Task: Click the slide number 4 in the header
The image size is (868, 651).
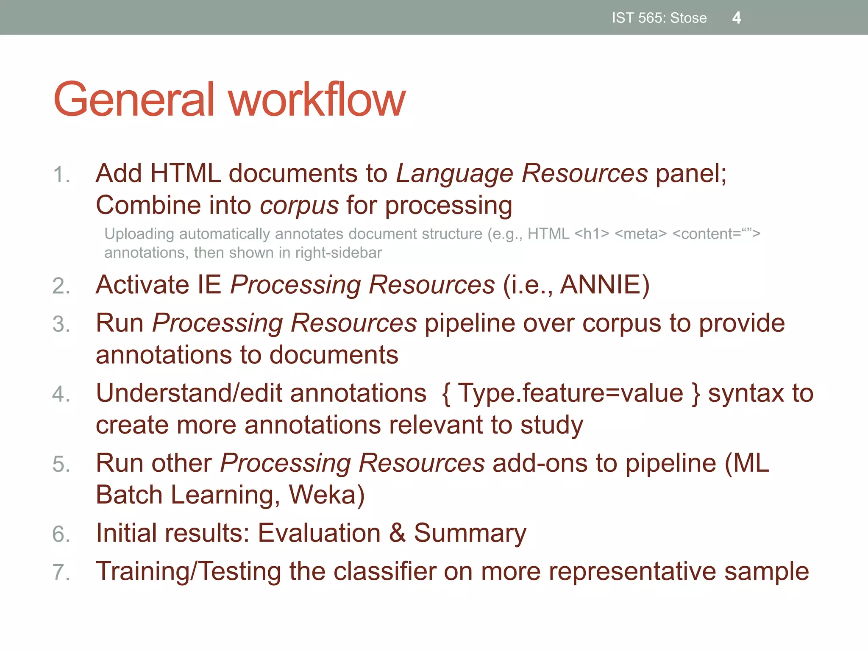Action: click(736, 18)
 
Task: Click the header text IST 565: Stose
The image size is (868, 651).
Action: click(659, 18)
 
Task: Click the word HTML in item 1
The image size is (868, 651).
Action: click(185, 173)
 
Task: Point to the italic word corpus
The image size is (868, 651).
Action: click(299, 206)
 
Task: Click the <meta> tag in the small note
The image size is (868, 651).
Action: click(640, 234)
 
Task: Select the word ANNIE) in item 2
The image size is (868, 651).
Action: click(605, 284)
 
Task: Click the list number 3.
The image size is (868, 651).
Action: click(61, 324)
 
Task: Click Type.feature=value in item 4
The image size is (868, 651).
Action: click(570, 393)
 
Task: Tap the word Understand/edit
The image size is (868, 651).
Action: click(189, 393)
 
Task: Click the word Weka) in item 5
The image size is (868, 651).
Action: click(326, 495)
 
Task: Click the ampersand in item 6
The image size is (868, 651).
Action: click(397, 533)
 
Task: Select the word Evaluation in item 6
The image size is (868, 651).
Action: click(319, 533)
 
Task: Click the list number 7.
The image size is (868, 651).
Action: click(61, 572)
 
